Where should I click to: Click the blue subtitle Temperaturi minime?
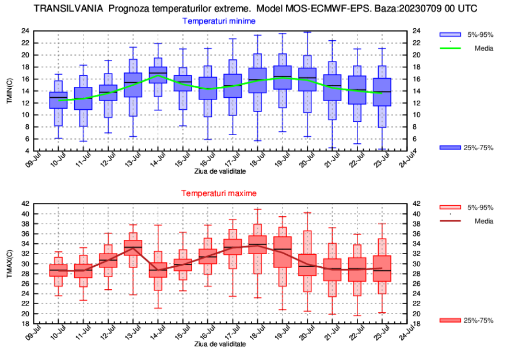(x=219, y=21)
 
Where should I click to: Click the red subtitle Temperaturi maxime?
(x=219, y=193)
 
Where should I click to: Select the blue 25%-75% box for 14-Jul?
(x=158, y=75)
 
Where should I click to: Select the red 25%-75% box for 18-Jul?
(x=257, y=244)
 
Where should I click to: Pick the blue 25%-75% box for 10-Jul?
(x=58, y=100)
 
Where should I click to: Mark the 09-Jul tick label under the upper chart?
(x=33, y=162)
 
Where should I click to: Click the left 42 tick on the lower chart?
(x=25, y=204)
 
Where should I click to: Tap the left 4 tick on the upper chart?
(x=27, y=151)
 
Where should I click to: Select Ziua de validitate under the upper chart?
(x=219, y=171)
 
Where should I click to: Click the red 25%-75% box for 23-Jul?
(x=382, y=269)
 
